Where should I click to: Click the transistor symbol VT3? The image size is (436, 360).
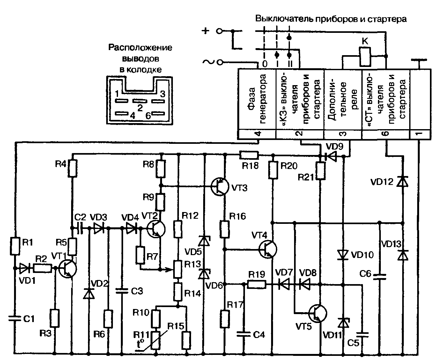[219, 187]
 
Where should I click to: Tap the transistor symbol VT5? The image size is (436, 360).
[318, 313]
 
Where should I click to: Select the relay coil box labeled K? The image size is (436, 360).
[365, 56]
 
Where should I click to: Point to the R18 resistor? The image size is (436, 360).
[249, 155]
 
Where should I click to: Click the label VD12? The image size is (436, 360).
[382, 182]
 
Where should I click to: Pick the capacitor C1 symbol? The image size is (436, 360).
[15, 319]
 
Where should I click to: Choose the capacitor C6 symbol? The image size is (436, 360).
[380, 277]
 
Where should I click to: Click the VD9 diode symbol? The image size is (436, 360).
[330, 156]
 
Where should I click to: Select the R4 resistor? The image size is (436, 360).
[73, 168]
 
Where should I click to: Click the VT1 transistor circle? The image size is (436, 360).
[68, 269]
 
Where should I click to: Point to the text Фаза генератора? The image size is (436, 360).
[257, 99]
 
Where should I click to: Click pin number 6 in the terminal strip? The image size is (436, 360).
[386, 134]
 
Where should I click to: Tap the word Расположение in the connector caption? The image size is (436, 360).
[140, 48]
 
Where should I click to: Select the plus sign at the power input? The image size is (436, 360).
[205, 31]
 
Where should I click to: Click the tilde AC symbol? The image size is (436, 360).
[208, 62]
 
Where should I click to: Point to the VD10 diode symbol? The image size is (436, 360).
[343, 255]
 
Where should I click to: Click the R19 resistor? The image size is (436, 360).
[257, 284]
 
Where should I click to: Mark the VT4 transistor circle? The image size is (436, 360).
[268, 249]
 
